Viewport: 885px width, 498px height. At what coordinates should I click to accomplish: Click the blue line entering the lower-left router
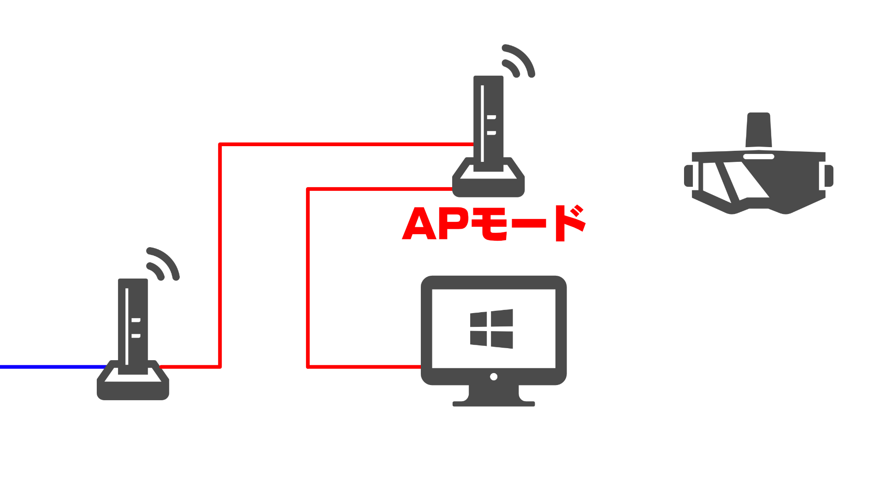click(x=51, y=367)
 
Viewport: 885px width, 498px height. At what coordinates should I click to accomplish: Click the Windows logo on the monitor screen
click(x=491, y=329)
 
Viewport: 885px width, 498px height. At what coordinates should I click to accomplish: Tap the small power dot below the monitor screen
click(x=494, y=377)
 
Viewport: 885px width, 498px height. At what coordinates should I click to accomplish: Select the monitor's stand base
click(x=494, y=403)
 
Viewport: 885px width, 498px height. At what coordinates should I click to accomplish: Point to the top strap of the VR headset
click(x=759, y=129)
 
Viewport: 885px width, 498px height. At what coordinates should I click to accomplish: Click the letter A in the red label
click(x=419, y=225)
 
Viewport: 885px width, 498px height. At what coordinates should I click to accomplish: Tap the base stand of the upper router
click(x=489, y=184)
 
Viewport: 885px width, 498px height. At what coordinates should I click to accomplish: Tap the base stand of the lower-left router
click(x=133, y=387)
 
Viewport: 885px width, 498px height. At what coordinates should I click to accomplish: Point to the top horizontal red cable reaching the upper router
click(x=346, y=144)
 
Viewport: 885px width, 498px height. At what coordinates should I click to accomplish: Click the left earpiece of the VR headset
click(x=688, y=176)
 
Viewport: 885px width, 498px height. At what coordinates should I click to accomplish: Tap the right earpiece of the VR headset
click(x=829, y=176)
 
